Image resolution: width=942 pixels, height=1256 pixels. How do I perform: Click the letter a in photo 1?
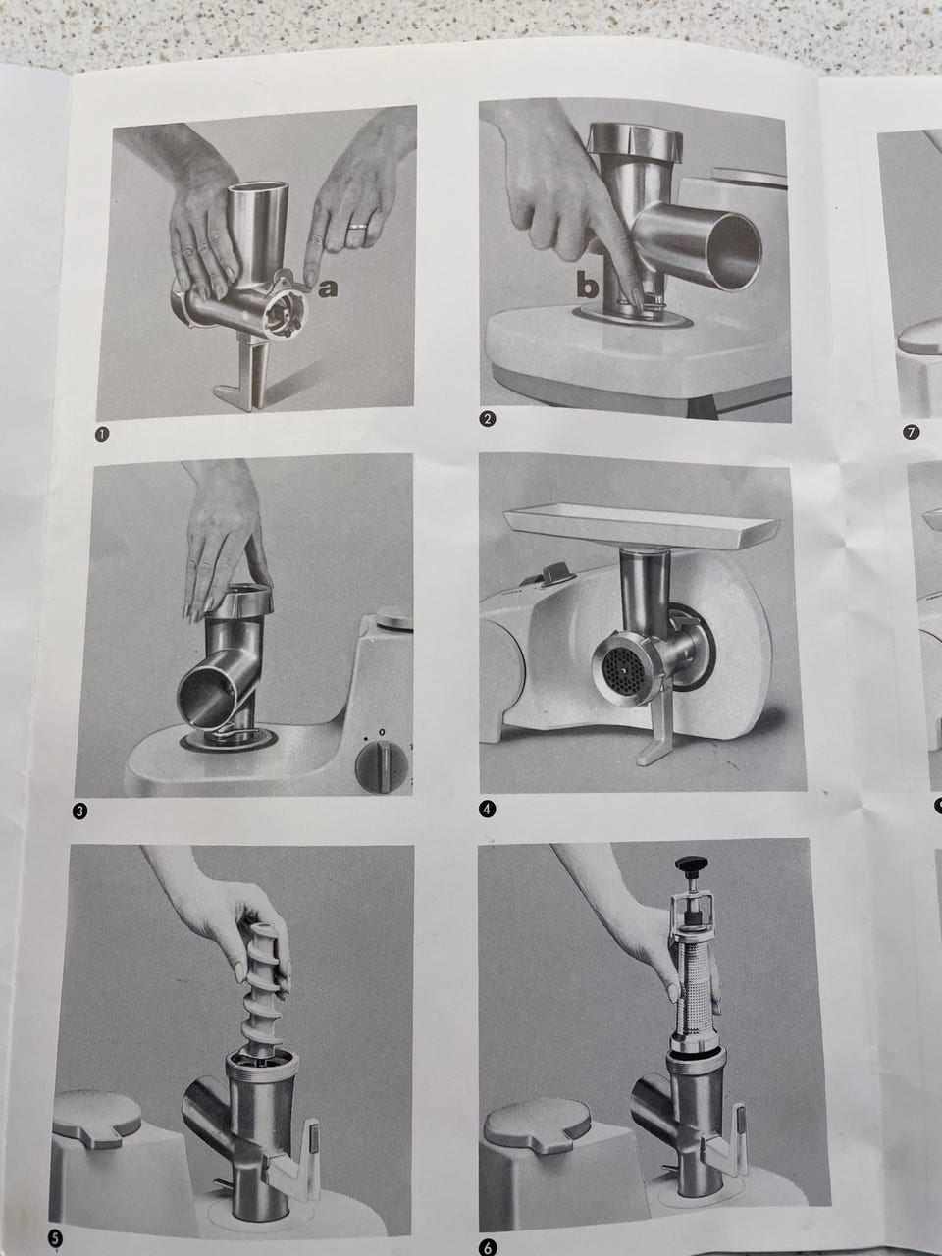point(327,288)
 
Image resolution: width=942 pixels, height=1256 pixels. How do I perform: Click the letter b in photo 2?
point(587,285)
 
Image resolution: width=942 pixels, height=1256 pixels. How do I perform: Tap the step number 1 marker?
point(102,435)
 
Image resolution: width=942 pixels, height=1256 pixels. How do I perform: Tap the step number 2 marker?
point(487,419)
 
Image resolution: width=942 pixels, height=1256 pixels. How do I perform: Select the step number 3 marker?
point(80,811)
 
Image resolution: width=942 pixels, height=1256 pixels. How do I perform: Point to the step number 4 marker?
point(487,809)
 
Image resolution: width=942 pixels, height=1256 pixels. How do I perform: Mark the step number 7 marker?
point(912,432)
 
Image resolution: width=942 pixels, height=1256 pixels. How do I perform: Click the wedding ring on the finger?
point(358,226)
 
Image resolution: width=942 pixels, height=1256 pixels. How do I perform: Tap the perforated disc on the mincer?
point(620,668)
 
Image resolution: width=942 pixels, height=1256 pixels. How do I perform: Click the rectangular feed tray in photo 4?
point(642,525)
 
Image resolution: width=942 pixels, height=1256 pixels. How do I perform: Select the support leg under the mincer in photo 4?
point(658,727)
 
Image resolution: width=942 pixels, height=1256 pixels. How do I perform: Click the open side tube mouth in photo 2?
point(733,249)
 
